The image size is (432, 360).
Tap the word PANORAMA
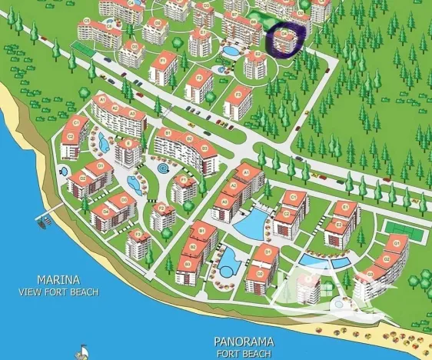243,341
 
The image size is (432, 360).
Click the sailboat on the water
81,352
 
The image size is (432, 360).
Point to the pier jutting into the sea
44,222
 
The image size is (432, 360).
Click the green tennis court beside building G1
398,228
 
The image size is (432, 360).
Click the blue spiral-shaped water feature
164,167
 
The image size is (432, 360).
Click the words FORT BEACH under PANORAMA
243,353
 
